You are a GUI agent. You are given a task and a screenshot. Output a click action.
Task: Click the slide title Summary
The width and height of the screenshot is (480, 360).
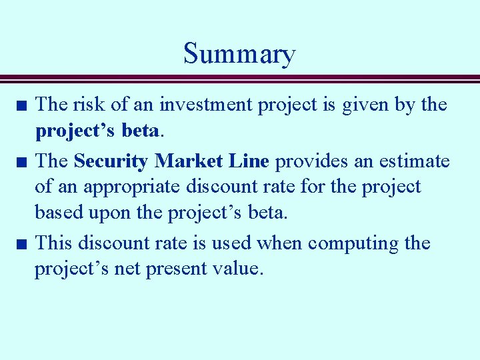pyautogui.click(x=239, y=54)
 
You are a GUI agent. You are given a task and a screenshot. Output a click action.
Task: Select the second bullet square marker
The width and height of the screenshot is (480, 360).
pyautogui.click(x=22, y=162)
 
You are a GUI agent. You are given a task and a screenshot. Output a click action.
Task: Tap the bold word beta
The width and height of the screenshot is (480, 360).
pyautogui.click(x=141, y=131)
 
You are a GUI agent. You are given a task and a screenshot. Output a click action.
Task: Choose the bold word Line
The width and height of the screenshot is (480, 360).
pyautogui.click(x=249, y=161)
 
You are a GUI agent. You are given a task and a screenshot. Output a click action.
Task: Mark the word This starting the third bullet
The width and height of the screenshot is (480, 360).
pyautogui.click(x=53, y=243)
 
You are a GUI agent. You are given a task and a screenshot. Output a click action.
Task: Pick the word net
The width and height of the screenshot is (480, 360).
pyautogui.click(x=127, y=269)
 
